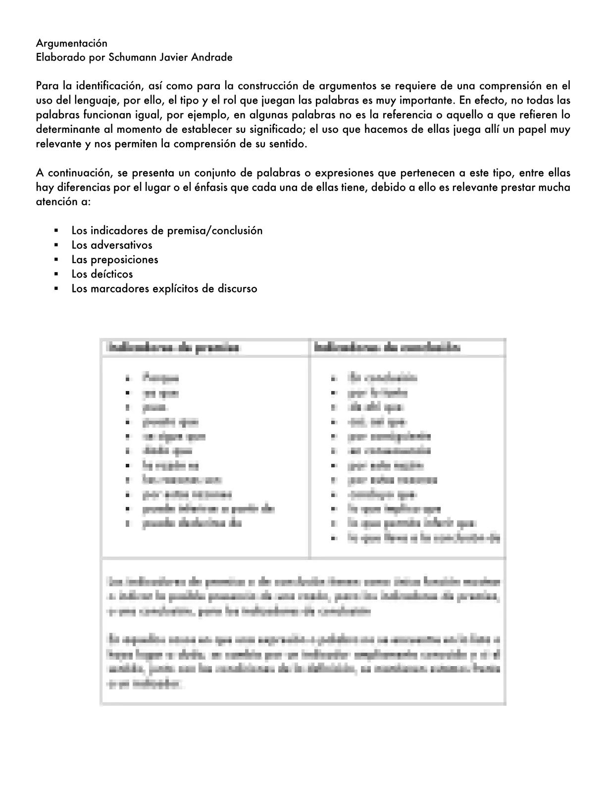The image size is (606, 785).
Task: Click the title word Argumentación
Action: coord(71,43)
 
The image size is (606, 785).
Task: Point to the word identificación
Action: coord(101,86)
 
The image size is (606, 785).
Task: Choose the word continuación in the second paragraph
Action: coord(78,173)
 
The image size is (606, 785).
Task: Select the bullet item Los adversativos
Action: coord(112,245)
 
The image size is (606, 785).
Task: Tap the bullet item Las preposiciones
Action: coord(115,260)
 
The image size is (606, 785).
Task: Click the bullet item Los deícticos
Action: coord(102,274)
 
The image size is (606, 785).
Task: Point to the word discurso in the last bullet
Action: coord(237,289)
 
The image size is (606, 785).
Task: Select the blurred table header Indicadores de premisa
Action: coord(173,347)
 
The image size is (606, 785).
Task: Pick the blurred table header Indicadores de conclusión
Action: coord(387,347)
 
